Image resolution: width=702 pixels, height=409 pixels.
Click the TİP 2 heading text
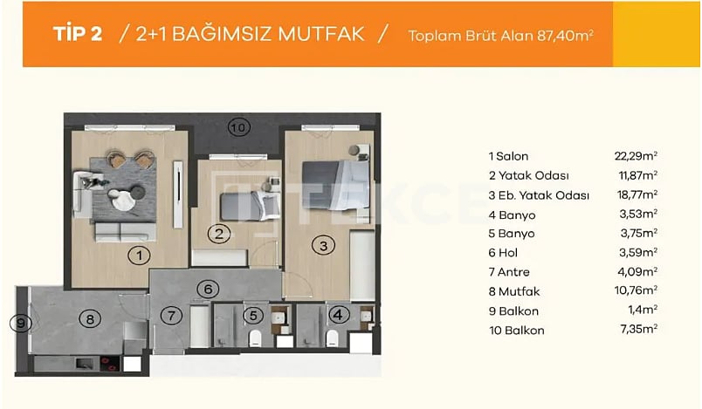[x=78, y=34]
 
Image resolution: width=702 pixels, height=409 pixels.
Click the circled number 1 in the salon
[x=137, y=256]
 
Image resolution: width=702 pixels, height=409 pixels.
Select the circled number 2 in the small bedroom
[x=220, y=233]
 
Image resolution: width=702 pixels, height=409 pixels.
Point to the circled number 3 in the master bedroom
[x=323, y=247]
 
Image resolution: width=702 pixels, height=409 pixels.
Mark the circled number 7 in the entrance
[x=172, y=315]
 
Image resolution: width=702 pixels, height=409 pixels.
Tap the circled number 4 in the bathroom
[x=336, y=316]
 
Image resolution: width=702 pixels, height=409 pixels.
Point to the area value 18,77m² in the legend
[x=636, y=195]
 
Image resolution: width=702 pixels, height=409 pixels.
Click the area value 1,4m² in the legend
[x=641, y=310]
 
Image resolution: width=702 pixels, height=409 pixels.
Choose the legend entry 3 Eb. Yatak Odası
[x=538, y=195]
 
